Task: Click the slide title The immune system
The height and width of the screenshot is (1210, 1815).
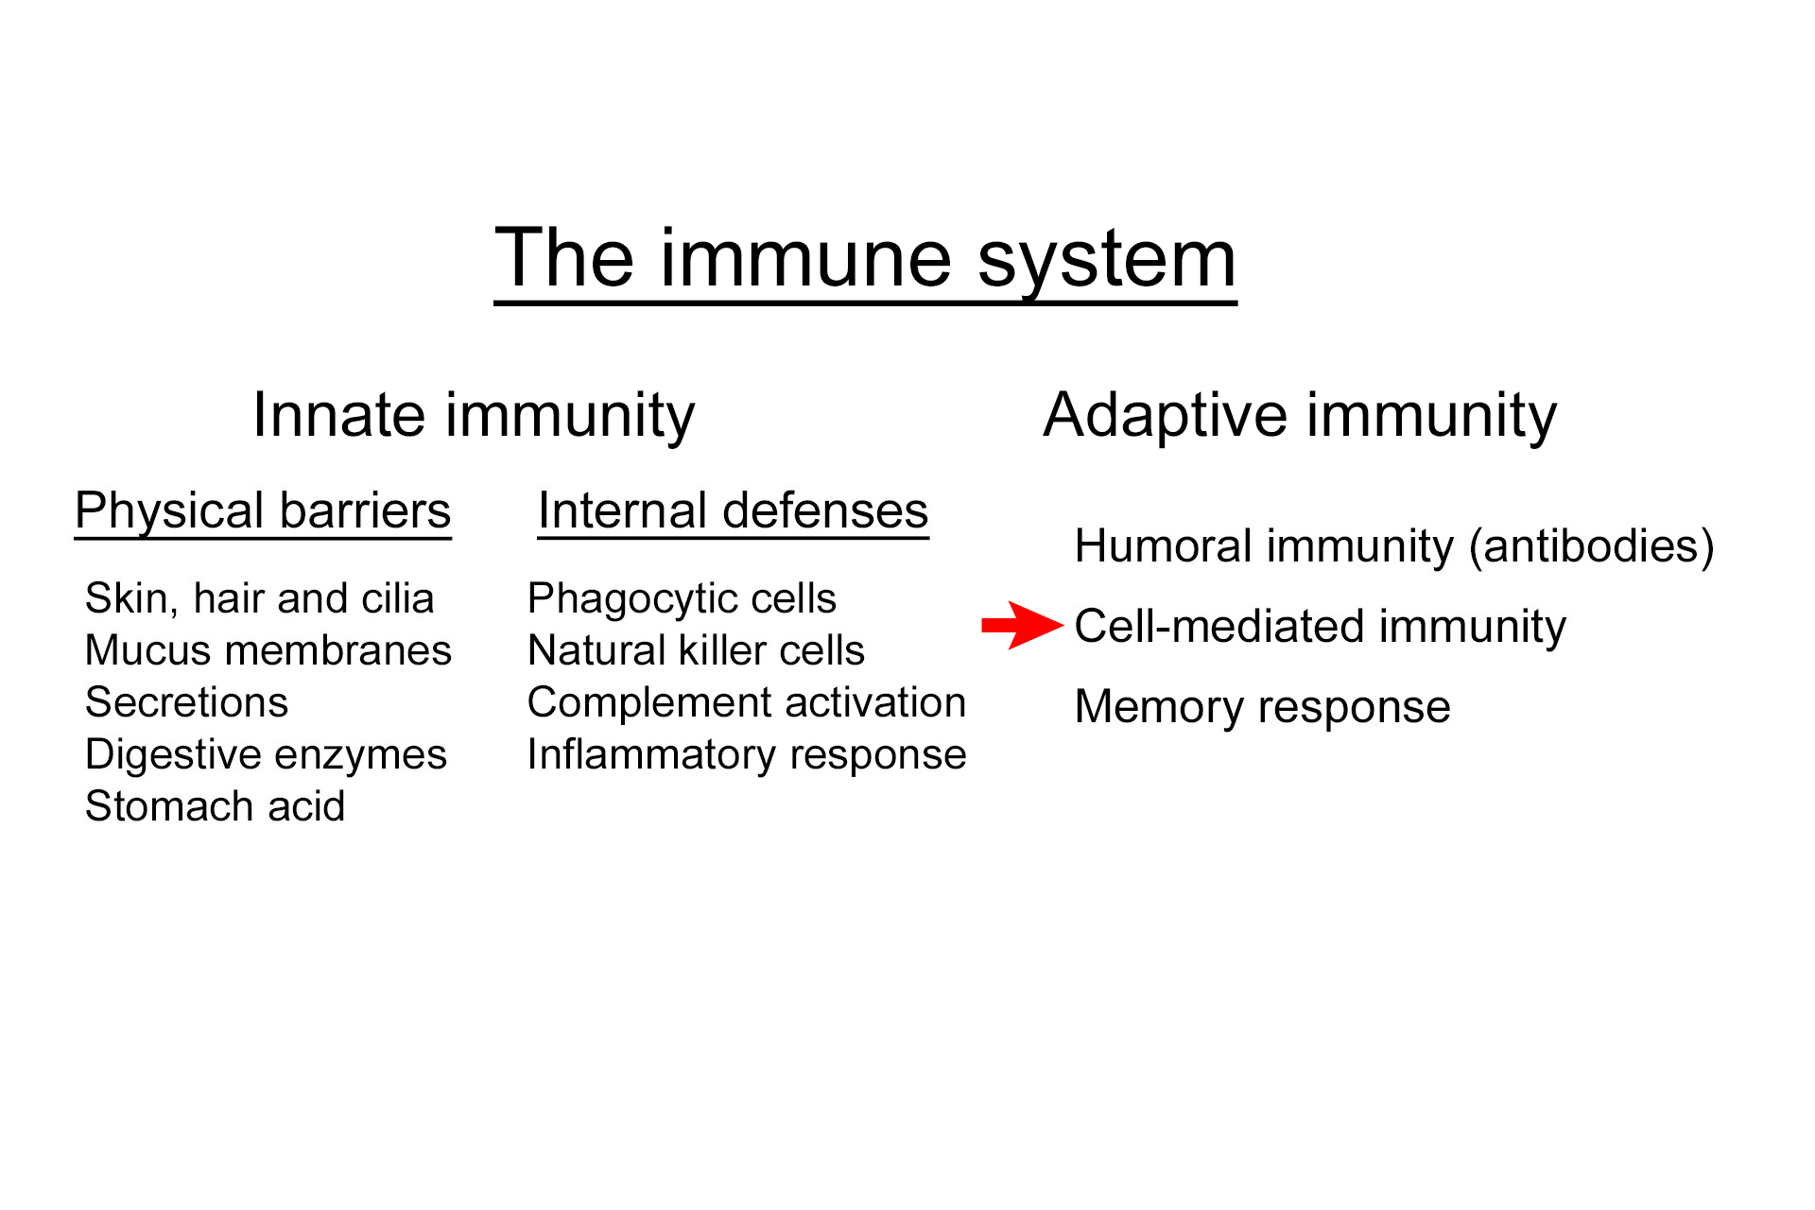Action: click(865, 259)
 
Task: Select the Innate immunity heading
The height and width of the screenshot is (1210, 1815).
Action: click(474, 415)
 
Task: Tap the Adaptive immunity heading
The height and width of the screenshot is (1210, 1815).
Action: click(1300, 415)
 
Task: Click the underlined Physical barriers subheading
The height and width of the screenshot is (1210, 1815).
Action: click(263, 511)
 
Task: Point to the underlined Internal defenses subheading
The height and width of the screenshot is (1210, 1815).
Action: click(733, 511)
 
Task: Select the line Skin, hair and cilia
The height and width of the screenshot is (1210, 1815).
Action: click(259, 598)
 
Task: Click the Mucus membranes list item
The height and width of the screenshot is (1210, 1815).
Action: click(268, 650)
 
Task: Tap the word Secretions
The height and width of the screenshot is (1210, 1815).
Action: click(186, 702)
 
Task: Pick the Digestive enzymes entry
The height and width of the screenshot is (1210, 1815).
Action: click(266, 754)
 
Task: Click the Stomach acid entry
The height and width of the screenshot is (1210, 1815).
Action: click(215, 806)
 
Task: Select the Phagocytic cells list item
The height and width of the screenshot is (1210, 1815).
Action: click(682, 598)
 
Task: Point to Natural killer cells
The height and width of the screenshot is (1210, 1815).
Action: click(696, 650)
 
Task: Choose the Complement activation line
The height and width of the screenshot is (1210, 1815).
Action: click(746, 702)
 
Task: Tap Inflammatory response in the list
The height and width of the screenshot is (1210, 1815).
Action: click(746, 754)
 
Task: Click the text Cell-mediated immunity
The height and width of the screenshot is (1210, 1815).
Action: click(1320, 627)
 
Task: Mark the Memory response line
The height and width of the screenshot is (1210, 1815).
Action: click(1262, 707)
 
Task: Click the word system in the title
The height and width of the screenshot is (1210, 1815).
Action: click(1106, 261)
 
